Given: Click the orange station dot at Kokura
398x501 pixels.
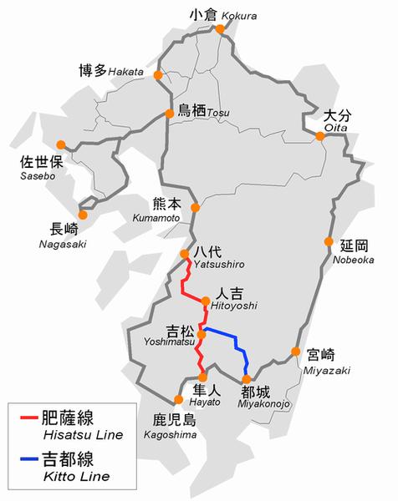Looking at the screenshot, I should click(221, 28).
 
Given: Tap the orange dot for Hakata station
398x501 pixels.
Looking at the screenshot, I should click(157, 73).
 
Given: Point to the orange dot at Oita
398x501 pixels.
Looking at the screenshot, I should click(320, 135).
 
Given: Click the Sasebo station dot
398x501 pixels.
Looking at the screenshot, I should click(60, 143).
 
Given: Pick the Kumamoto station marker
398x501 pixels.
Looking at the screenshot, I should click(195, 208).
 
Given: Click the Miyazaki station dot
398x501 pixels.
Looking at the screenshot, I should click(295, 352).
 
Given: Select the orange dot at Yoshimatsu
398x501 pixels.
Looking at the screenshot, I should click(201, 334).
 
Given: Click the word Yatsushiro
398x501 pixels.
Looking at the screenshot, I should click(218, 265).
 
